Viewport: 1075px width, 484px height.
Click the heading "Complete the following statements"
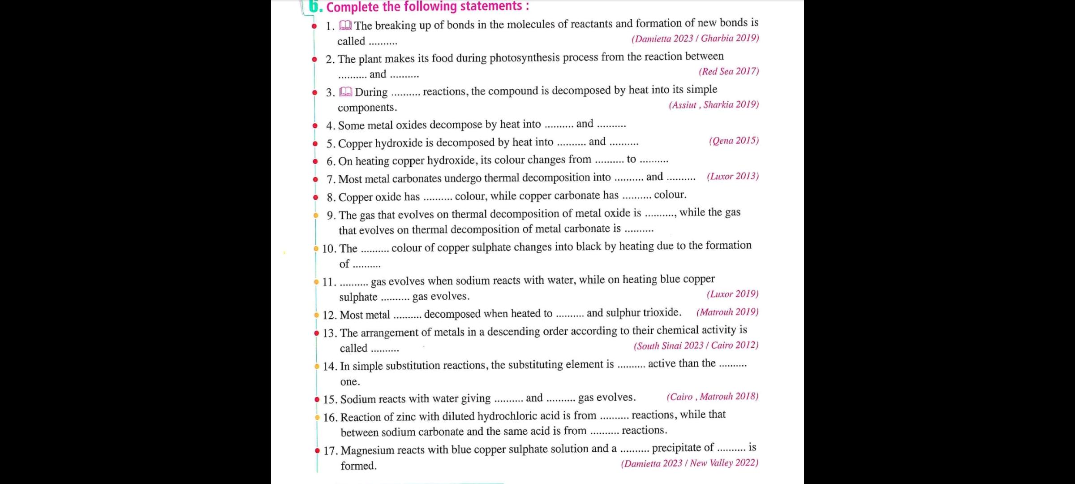pyautogui.click(x=427, y=7)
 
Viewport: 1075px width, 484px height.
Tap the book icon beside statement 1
pyautogui.click(x=345, y=26)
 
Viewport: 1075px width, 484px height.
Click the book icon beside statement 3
pyautogui.click(x=346, y=92)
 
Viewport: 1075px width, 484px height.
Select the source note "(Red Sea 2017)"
pyautogui.click(x=729, y=71)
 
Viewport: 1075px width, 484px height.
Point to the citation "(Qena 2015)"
pyautogui.click(x=734, y=141)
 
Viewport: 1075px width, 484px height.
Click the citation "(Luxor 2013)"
pyautogui.click(x=733, y=176)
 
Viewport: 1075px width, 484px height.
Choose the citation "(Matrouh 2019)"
pyautogui.click(x=727, y=312)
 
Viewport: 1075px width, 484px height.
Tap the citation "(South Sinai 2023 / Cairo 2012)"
pyautogui.click(x=696, y=346)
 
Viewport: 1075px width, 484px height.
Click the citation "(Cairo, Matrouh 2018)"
pyautogui.click(x=712, y=397)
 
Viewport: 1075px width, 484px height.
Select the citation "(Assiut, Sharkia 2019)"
pyautogui.click(x=714, y=105)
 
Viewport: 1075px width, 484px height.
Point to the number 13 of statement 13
pyautogui.click(x=329, y=333)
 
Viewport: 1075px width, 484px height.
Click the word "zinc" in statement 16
pyautogui.click(x=406, y=417)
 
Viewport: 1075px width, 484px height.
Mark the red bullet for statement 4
pyautogui.click(x=315, y=126)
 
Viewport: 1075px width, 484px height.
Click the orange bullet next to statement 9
pyautogui.click(x=316, y=216)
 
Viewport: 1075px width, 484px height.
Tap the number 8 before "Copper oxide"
pyautogui.click(x=330, y=198)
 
